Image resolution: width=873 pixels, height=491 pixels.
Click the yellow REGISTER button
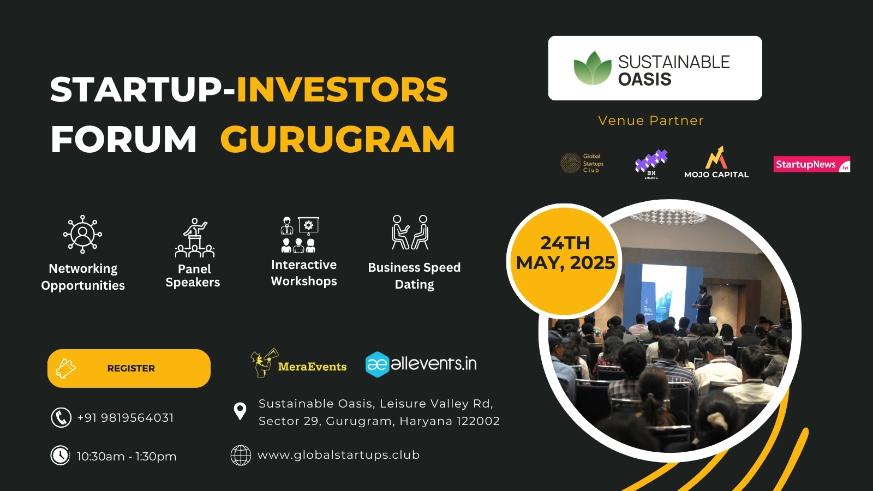[129, 368]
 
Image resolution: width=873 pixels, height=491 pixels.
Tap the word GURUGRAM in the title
[337, 140]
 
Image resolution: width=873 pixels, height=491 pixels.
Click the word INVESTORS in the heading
[342, 89]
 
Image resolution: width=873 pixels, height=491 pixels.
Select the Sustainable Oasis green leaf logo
[593, 69]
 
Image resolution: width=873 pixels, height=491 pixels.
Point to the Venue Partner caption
[651, 121]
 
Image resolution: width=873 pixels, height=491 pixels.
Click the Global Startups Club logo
[582, 163]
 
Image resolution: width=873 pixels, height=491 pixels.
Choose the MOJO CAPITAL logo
[716, 163]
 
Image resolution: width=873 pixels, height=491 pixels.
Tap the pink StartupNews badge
[811, 164]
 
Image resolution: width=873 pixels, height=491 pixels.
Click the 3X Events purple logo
[651, 163]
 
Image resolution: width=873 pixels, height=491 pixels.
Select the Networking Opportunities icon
[82, 234]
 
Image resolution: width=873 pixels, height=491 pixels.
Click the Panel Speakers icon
[195, 238]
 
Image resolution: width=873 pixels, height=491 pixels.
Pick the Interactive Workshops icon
[300, 235]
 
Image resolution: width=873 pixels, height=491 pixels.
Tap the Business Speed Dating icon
[410, 232]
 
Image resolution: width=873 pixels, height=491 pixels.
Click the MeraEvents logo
[298, 363]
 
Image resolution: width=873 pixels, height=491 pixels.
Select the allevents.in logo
[421, 363]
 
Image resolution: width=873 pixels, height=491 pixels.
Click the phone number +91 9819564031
[125, 418]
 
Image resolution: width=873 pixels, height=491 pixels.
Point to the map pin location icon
[240, 411]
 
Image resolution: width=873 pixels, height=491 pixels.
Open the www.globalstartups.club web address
[338, 455]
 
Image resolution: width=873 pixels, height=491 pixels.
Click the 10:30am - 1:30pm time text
[127, 457]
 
